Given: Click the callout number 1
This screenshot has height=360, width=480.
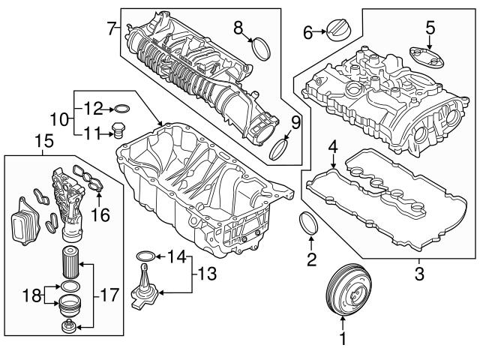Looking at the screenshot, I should [343, 339].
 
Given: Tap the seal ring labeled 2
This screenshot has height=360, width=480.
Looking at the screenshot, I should [308, 224].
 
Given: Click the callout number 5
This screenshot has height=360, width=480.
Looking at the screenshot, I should [429, 28].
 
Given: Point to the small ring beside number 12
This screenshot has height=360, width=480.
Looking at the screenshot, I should [124, 109].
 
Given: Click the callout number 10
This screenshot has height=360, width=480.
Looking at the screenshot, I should [63, 119].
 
